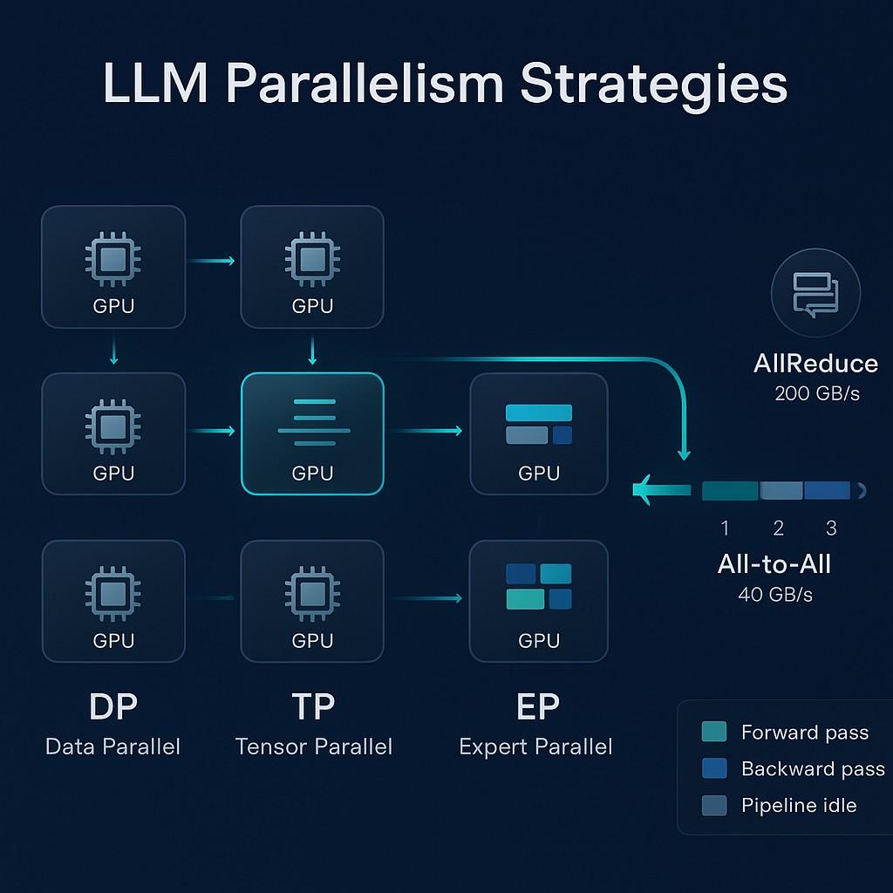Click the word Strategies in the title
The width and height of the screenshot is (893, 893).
[x=653, y=85]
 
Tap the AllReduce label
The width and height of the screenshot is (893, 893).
[x=815, y=364]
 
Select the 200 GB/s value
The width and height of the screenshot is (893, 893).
[x=816, y=393]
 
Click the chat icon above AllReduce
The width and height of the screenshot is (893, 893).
[x=815, y=293]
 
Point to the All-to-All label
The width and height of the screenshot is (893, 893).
[x=774, y=564]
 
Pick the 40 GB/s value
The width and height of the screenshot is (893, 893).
[x=774, y=595]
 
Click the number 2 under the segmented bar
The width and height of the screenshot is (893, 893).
[x=778, y=528]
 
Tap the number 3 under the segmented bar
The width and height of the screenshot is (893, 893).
[x=830, y=528]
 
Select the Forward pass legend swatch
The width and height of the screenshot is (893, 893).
[x=713, y=732]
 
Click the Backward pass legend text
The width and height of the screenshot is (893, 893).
[x=812, y=768]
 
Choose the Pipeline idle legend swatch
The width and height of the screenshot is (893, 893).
[x=713, y=806]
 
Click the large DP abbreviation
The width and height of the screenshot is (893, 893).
[x=112, y=706]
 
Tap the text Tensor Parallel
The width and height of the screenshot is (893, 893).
[x=313, y=746]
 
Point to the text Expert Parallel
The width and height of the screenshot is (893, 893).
[x=535, y=746]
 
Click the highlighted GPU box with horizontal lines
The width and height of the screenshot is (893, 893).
[x=312, y=433]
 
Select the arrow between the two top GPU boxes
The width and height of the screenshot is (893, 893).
[x=212, y=261]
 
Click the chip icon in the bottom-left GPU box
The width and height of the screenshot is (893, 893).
[x=112, y=593]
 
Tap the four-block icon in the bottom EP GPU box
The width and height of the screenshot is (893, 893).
[x=538, y=586]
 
